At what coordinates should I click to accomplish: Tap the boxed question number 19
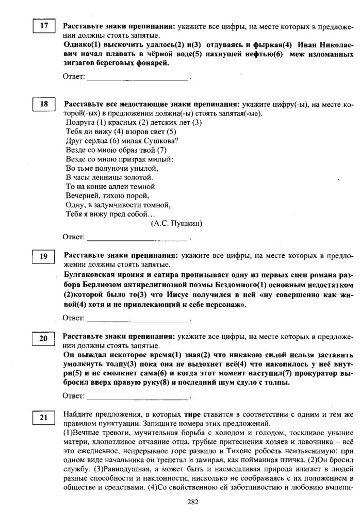(x=44, y=256)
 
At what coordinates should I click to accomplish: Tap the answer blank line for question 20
(x=137, y=399)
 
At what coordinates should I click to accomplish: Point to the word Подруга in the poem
(x=80, y=122)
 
